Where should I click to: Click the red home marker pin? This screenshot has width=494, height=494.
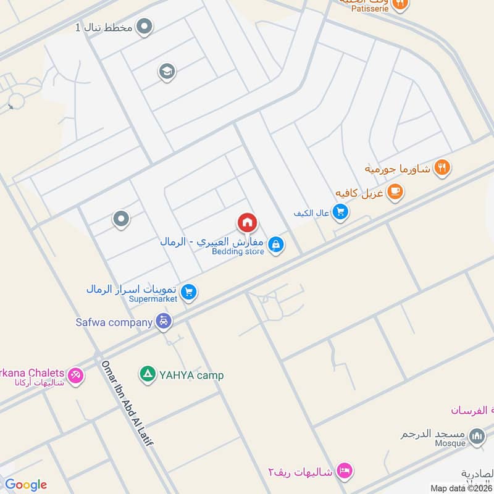tap(247, 223)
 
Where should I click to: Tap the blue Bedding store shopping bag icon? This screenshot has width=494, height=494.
tap(276, 245)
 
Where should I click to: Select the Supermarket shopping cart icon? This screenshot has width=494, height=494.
tap(190, 292)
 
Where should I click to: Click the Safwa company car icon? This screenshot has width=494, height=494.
tap(164, 321)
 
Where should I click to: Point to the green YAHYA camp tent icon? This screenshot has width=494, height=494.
tap(147, 374)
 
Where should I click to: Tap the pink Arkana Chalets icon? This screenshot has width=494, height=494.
tap(75, 374)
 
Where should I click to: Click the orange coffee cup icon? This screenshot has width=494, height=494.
tap(395, 192)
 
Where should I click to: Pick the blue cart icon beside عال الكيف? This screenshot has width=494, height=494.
tap(340, 213)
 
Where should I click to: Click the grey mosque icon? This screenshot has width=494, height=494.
tap(476, 437)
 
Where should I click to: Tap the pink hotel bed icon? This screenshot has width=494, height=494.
tap(345, 471)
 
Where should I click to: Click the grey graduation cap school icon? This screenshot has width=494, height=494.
tap(166, 72)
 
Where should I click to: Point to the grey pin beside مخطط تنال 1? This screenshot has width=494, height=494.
tap(144, 27)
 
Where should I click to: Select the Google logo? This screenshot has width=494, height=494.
tap(25, 485)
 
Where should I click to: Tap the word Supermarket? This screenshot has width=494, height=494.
tap(154, 299)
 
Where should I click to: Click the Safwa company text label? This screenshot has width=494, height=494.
tap(114, 322)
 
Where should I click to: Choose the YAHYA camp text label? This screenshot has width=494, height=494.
tap(191, 375)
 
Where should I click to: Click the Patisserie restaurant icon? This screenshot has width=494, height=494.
tap(400, 4)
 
